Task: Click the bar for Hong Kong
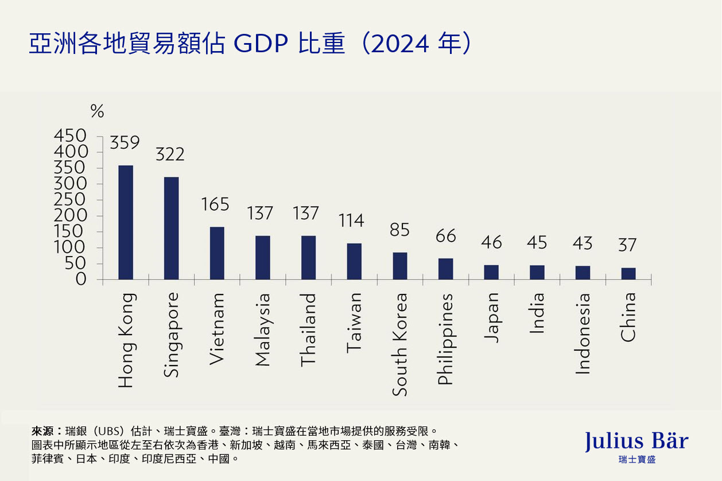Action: coord(126,223)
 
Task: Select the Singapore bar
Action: coord(171,228)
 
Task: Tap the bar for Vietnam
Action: coord(217,253)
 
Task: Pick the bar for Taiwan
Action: coord(354,261)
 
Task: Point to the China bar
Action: coord(628,274)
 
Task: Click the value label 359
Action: coord(125,143)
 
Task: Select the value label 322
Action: coord(170,154)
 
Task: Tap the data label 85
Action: coord(400,230)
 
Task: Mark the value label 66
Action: coord(445,236)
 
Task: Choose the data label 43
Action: coord(583,243)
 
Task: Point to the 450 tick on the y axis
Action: coord(70,136)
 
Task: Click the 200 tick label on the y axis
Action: coord(70,216)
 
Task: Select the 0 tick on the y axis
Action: coord(81,280)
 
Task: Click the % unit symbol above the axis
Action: coord(97,111)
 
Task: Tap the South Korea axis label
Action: coord(400,344)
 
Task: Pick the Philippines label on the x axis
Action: coord(445,339)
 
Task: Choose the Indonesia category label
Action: coord(583,333)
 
